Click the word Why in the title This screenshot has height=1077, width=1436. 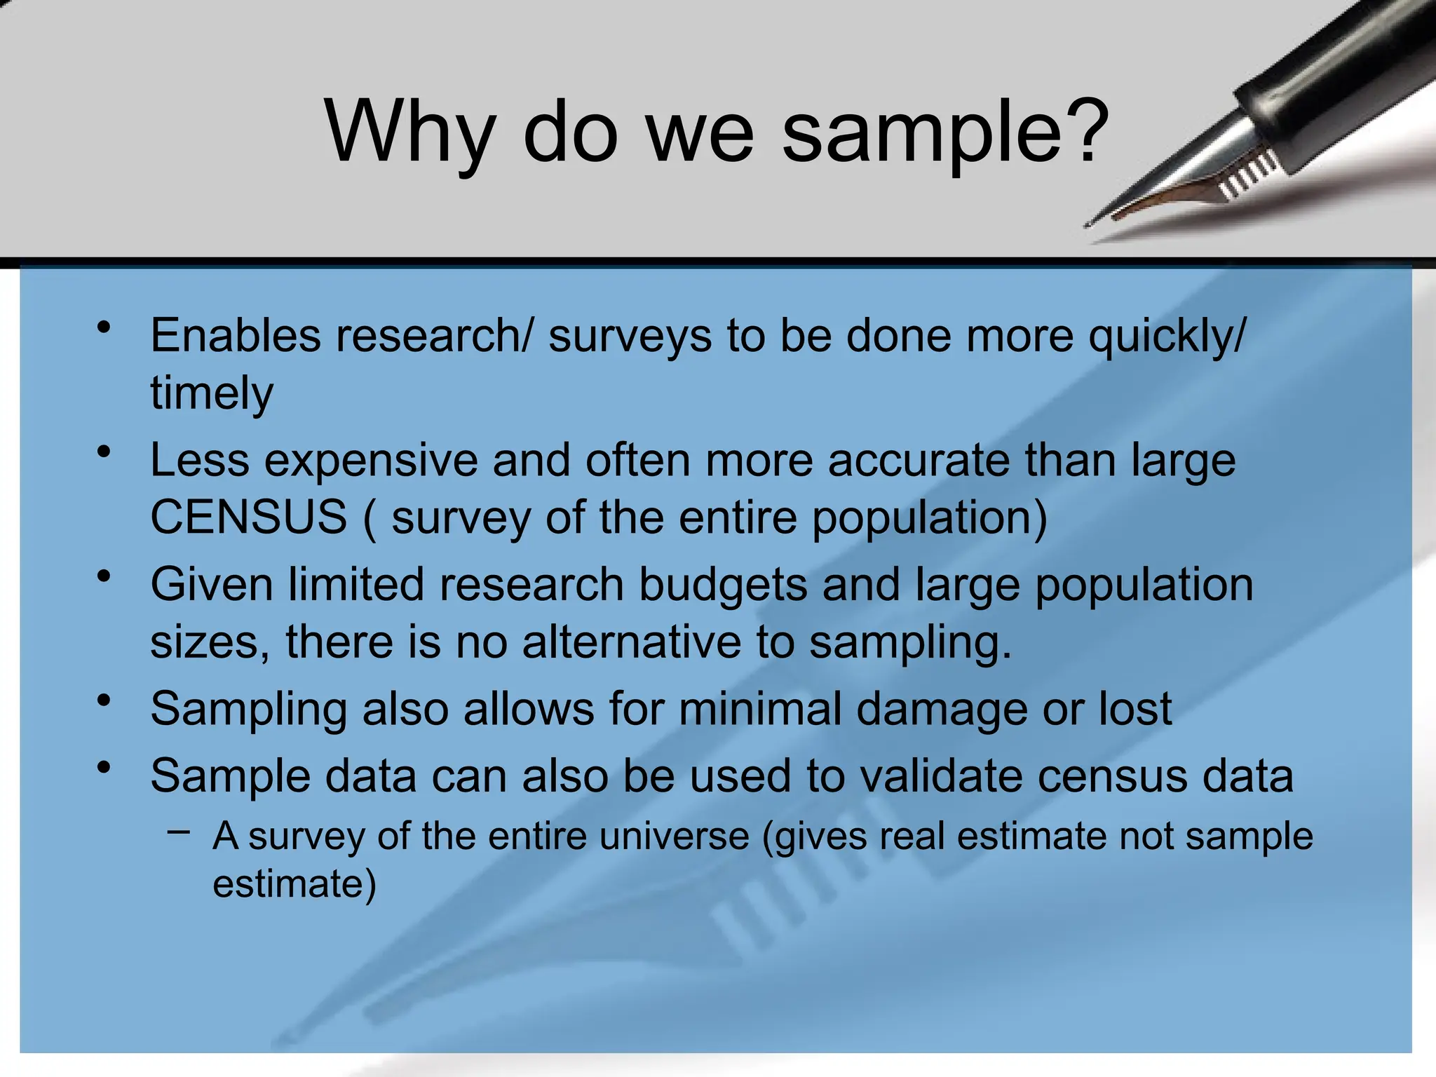coord(411,131)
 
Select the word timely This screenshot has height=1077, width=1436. coord(212,394)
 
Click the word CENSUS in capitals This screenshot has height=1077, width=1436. coord(249,517)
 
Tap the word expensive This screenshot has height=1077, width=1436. coord(372,461)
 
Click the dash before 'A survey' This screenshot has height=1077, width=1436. coord(179,832)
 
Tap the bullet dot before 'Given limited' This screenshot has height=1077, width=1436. coord(104,576)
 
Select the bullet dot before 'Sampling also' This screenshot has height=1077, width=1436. coord(104,700)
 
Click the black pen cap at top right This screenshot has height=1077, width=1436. coord(1332,77)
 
